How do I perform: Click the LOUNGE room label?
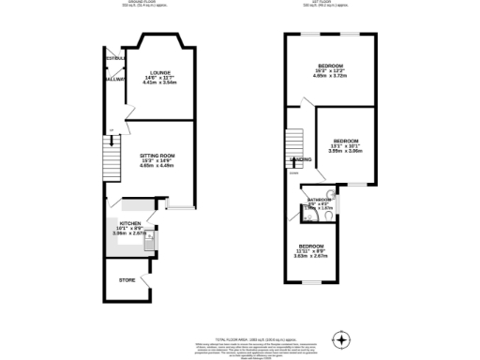pos(157,72)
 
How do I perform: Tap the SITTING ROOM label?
pos(157,155)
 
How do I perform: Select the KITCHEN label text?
pos(130,223)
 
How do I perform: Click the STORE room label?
pos(126,279)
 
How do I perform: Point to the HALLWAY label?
pos(114,80)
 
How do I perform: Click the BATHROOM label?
pos(321,199)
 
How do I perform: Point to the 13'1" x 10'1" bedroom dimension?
pos(345,145)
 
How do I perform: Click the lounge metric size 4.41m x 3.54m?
pos(157,82)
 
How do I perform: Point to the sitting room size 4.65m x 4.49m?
pos(157,166)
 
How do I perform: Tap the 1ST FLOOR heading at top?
pos(325,3)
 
